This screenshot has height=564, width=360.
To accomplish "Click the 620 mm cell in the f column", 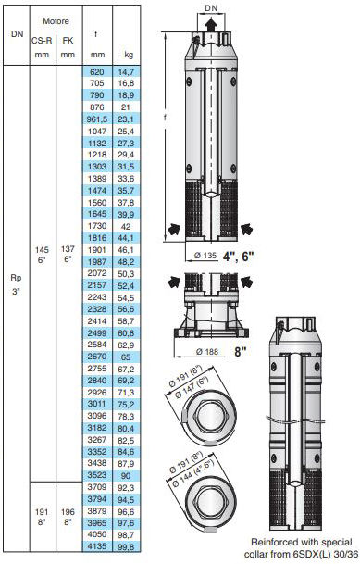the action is point(97,71).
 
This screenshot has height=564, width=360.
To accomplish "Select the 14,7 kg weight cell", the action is point(126,72).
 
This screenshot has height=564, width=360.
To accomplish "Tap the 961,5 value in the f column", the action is point(97,119).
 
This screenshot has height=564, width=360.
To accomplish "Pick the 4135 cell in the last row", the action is point(97,546).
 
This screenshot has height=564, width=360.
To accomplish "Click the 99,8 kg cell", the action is point(126,546).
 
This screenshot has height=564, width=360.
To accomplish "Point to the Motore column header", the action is point(56,21).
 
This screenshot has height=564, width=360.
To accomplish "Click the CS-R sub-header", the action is point(42,41).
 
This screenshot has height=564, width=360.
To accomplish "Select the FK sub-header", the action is point(68,41).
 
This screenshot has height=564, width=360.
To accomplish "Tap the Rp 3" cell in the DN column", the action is point(16,284).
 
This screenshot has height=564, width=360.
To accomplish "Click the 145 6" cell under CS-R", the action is point(42,255).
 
